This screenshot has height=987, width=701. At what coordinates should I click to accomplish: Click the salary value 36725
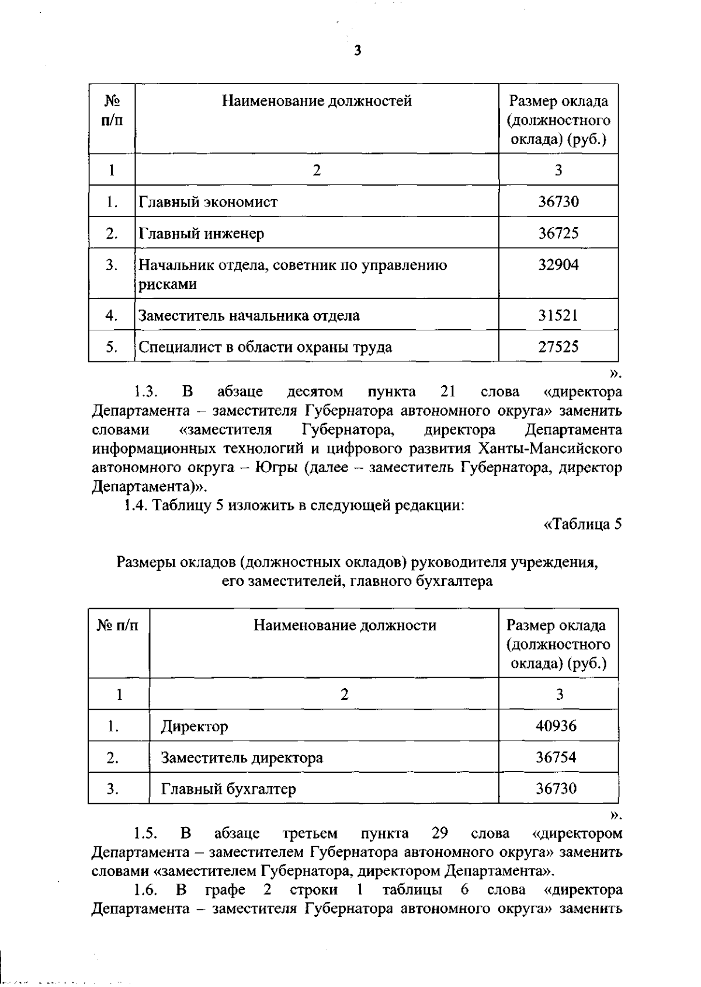[x=558, y=233]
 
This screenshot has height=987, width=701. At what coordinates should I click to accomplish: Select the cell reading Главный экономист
[x=208, y=202]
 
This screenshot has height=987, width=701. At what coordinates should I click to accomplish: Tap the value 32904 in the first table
[x=558, y=265]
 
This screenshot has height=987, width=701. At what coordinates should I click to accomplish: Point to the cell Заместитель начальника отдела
[x=249, y=316]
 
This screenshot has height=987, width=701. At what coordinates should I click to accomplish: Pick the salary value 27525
[x=558, y=347]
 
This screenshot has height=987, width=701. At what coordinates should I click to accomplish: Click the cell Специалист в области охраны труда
[x=265, y=347]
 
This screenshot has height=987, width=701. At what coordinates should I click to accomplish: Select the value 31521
[x=558, y=316]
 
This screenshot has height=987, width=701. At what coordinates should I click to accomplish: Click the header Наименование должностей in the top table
[x=317, y=101]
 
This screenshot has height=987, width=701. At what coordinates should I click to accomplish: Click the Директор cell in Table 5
[x=195, y=727]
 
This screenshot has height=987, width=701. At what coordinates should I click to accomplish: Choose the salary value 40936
[x=556, y=726]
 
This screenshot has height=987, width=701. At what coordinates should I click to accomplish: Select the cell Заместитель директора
[x=242, y=758]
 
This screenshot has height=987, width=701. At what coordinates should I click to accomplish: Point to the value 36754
[x=556, y=758]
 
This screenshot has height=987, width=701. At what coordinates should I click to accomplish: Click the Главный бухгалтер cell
[x=228, y=789]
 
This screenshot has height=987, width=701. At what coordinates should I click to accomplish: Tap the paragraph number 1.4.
[x=137, y=505]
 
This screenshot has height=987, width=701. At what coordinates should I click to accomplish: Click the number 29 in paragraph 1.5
[x=439, y=833]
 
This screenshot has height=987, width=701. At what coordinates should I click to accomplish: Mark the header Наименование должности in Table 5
[x=345, y=626]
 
